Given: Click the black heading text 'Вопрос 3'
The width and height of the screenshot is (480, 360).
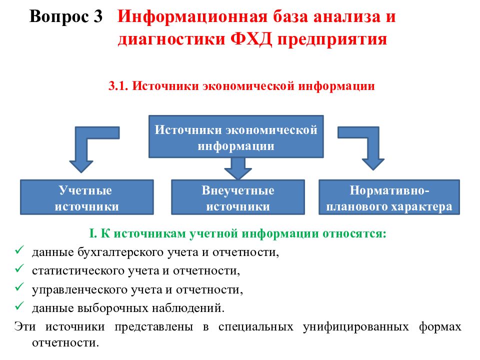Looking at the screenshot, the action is [x=66, y=16].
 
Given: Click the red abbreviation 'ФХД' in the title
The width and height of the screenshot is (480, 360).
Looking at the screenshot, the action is [x=250, y=39].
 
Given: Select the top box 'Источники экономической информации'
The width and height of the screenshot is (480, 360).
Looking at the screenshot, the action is [x=236, y=136].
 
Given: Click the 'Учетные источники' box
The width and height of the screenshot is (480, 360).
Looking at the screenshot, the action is [x=86, y=197].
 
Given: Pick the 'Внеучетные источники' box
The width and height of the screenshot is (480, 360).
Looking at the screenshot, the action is [x=238, y=197].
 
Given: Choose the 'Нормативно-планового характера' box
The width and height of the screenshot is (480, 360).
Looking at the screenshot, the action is [x=389, y=197].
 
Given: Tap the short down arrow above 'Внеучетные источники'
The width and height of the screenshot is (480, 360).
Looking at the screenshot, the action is [x=238, y=168].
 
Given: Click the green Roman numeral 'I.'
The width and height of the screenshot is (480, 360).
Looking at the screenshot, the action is [x=93, y=233].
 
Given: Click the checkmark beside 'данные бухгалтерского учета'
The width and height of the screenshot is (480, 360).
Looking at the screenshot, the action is [x=19, y=250].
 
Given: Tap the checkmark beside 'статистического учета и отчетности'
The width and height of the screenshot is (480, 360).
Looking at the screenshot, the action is [x=19, y=269].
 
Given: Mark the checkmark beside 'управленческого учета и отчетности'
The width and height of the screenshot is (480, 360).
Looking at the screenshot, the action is [x=19, y=287].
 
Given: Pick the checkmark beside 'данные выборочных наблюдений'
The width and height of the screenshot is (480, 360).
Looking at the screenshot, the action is [x=19, y=306].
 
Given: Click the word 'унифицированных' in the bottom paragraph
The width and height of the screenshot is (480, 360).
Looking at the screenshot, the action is [x=355, y=327].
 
